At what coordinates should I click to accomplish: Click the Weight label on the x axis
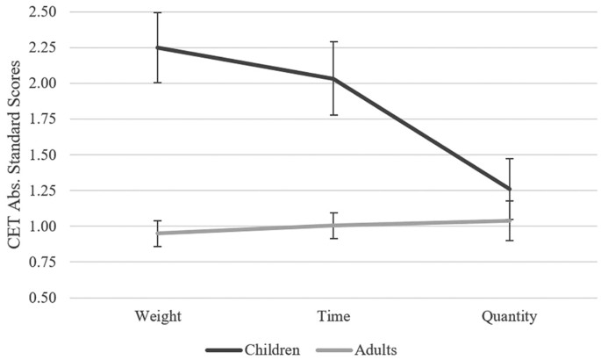click(x=158, y=314)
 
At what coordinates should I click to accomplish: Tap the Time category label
click(x=333, y=314)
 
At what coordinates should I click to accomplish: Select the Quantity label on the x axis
click(x=509, y=314)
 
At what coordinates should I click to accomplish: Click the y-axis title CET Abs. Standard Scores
click(x=15, y=155)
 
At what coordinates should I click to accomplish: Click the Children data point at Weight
click(x=158, y=47)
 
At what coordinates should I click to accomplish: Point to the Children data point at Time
click(x=333, y=79)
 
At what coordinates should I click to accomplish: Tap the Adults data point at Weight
click(x=158, y=233)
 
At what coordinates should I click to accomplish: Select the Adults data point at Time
click(x=333, y=226)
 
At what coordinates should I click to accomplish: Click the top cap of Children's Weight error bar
click(x=158, y=12)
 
